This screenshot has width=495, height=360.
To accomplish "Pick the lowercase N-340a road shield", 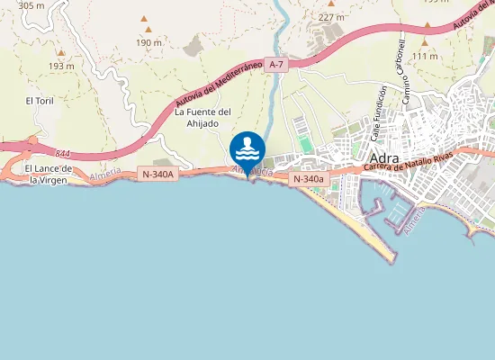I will [308, 179].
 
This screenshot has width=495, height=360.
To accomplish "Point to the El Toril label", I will [40, 101].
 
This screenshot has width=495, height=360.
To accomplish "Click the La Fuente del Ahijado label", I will [202, 118].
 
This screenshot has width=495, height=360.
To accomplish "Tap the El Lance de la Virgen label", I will [48, 174].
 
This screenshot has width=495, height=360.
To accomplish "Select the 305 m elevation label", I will [31, 5].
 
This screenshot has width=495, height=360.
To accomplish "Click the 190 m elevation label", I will [148, 42].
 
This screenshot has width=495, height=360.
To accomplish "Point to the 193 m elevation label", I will [61, 66].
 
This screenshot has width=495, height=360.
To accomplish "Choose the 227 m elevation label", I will [331, 17].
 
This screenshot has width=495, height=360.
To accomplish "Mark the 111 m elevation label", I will [425, 56].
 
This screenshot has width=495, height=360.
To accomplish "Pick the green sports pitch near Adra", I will [304, 144].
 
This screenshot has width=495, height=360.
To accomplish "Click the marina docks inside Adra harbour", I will [393, 209].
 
